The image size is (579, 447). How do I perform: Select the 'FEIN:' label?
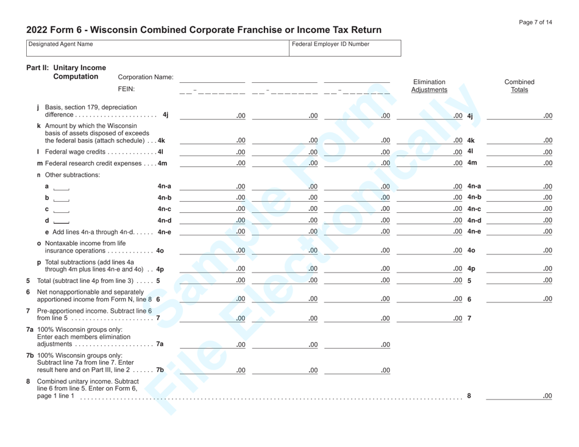click(126, 88)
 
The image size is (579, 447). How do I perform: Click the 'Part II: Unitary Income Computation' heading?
click(66, 72)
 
